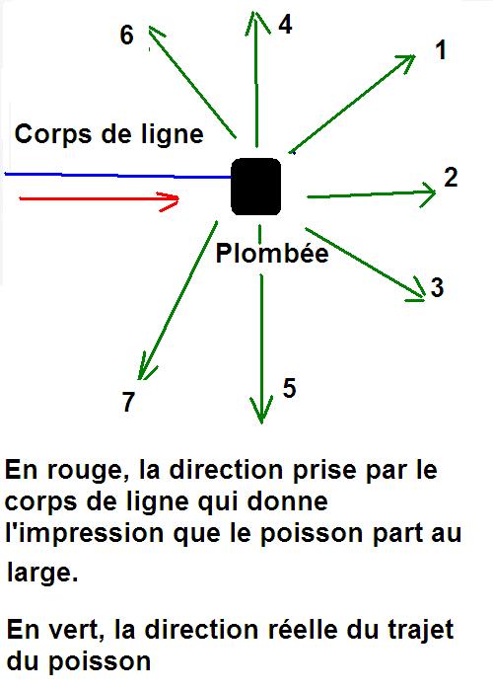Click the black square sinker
[255, 187]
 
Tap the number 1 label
[440, 49]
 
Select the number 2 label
[451, 177]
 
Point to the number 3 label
[437, 287]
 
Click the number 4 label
[285, 25]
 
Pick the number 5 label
[289, 388]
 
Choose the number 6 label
[127, 35]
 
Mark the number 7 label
[128, 402]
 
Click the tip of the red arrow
[179, 199]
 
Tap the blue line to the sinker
[118, 176]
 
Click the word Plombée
[272, 254]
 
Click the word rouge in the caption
[84, 471]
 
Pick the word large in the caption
[42, 573]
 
